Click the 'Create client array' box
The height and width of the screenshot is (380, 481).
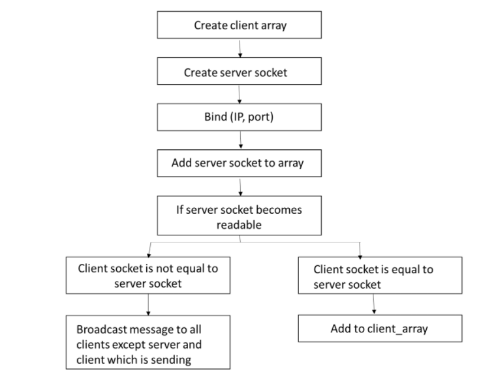(240, 25)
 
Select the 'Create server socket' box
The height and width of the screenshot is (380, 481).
(240, 72)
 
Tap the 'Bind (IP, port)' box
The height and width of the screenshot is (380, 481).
(240, 118)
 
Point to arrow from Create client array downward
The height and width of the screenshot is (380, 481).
(240, 49)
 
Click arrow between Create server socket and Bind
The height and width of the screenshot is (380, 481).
(241, 95)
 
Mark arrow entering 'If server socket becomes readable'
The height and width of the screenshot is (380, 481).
(241, 188)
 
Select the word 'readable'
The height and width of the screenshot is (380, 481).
(240, 225)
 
